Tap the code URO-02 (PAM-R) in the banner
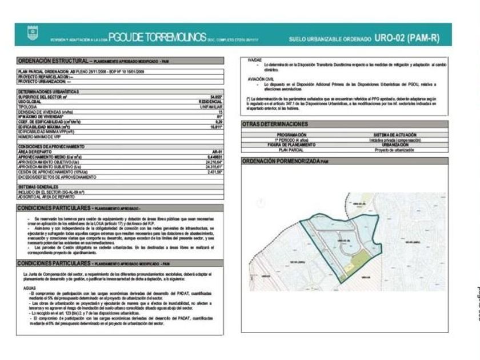(407, 38)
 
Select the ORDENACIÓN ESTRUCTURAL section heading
(53, 60)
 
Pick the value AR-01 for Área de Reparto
(217, 152)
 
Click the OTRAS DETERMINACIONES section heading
(275, 123)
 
